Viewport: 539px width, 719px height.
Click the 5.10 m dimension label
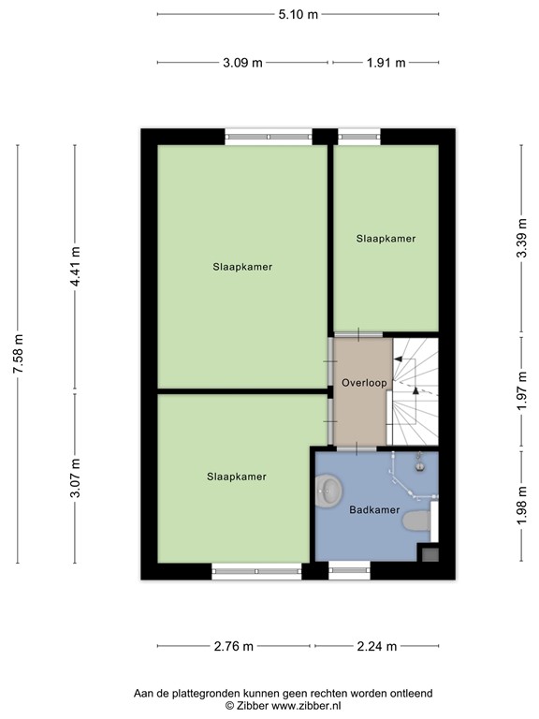[298, 14]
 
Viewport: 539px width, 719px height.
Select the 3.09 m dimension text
[242, 63]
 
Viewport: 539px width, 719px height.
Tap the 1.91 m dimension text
[386, 63]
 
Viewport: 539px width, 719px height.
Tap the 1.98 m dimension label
[521, 505]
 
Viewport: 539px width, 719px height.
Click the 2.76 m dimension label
[235, 646]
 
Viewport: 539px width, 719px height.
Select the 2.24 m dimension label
[377, 646]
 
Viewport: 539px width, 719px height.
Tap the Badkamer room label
[374, 510]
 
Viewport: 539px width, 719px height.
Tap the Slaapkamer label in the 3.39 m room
[386, 239]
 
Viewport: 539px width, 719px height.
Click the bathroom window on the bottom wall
[349, 569]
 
